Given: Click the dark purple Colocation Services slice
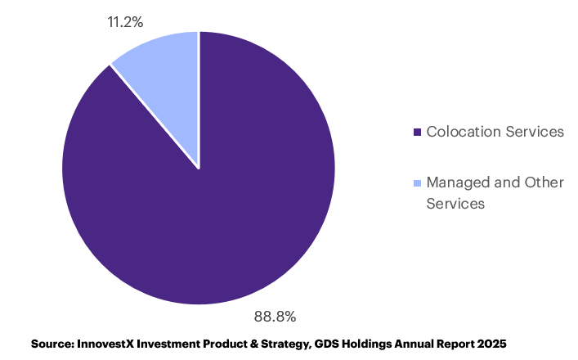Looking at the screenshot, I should click(x=204, y=213).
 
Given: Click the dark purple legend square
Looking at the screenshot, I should click(x=417, y=132).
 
